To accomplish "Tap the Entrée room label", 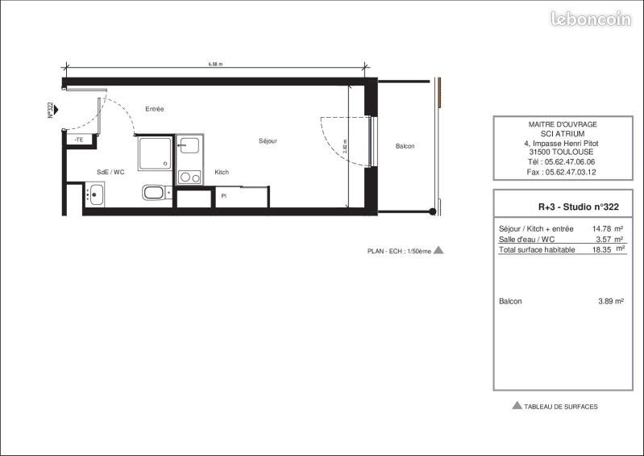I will pos(155,109).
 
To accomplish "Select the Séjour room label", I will pos(268,141).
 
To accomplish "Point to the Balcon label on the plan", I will pos(405,146).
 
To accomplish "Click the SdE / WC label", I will pos(110,172).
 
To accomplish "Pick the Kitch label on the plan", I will pos(222,172).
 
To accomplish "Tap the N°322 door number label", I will pos(50,110).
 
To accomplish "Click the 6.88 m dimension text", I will pos(214,64).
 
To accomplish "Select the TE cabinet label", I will pos(79,140).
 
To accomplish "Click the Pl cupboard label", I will pos(223,195).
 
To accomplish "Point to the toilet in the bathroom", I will pos(155,193).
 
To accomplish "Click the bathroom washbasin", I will pos(95,194).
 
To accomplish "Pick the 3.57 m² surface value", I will pos(609,240).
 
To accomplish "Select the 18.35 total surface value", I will pos(605,250).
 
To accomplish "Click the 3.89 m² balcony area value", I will pos(610,301).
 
